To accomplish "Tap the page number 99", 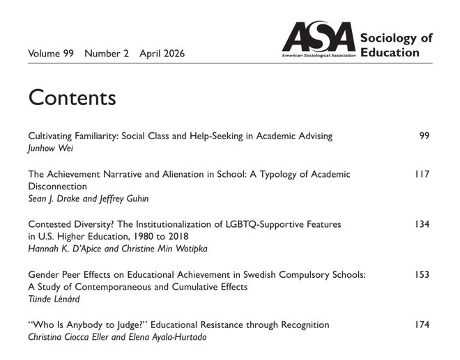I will point(424,135).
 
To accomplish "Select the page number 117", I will point(422,174).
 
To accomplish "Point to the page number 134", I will point(422,224).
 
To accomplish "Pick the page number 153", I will point(422,274).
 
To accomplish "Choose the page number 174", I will point(422,324).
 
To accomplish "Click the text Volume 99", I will point(52,54).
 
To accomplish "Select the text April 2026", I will point(162,54).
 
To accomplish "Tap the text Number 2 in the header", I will point(107,54).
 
